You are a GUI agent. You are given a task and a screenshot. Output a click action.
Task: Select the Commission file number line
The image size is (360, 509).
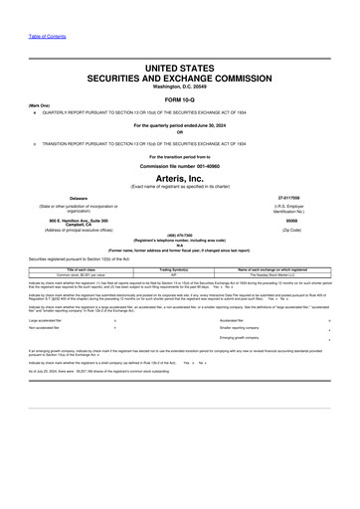(x=180, y=164)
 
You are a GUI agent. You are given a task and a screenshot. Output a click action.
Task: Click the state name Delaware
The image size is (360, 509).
(x=79, y=198)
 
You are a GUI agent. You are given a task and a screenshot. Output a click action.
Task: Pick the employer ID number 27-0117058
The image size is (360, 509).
(x=289, y=198)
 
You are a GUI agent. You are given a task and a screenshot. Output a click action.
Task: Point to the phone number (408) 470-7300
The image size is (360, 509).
(x=180, y=235)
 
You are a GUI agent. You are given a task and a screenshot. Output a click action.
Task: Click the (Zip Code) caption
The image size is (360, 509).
(x=289, y=230)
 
